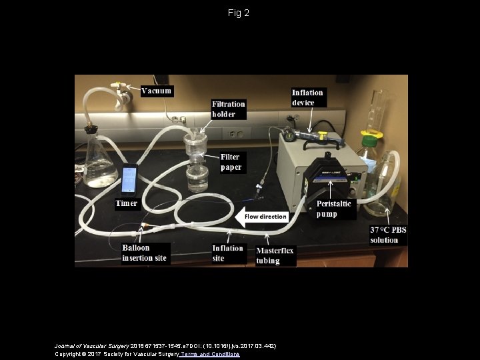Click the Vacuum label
pos(157,91)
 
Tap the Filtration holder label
pos(229,109)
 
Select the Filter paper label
pos(231,162)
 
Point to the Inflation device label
pos(307,97)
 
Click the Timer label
pos(127,203)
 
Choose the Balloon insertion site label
pos(144,253)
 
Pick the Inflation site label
pos(228,253)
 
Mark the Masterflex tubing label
pos(275,255)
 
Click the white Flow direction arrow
pos(262,216)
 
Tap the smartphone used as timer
pos(129,180)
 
